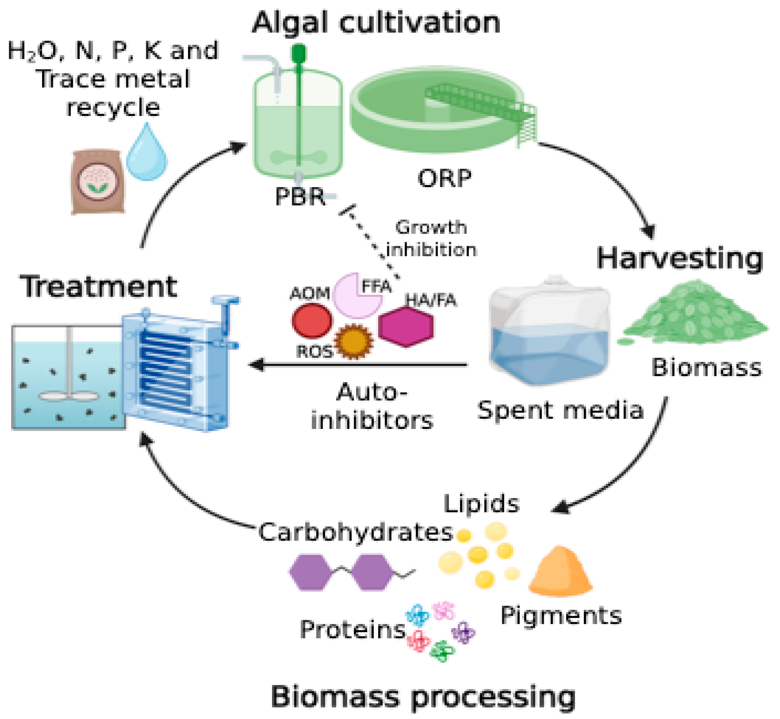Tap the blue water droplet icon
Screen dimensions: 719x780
[147, 156]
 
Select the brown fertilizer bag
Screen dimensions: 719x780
[98, 182]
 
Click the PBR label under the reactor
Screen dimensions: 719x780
[300, 196]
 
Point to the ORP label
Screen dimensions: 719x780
[444, 178]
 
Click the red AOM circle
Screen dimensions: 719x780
[312, 321]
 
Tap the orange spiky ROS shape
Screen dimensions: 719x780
[354, 341]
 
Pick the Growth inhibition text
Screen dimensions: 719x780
[431, 238]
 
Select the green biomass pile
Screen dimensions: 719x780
[697, 315]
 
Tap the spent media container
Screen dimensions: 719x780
[549, 335]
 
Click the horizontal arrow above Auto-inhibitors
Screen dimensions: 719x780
[358, 365]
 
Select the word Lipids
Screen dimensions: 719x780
[481, 504]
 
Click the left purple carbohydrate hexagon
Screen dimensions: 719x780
[310, 572]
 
